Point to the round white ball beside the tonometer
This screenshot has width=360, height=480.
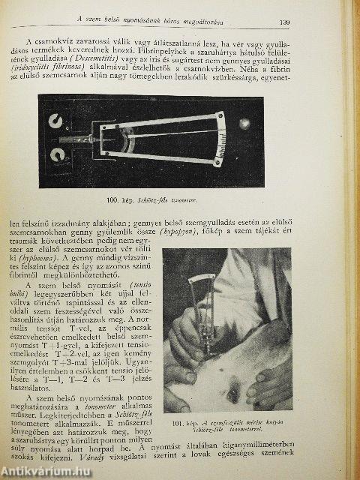[x=243, y=123]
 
